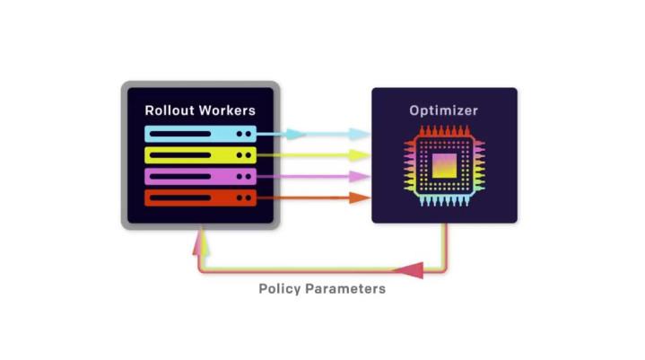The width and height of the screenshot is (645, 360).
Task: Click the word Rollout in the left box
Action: coord(170,111)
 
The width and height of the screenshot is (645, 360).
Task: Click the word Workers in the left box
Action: coord(226,111)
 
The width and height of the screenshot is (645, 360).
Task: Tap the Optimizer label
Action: coord(443,111)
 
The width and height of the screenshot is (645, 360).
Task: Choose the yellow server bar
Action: coord(200,154)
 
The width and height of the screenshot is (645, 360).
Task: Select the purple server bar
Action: coord(200,176)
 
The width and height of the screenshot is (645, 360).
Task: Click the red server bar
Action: coord(200,198)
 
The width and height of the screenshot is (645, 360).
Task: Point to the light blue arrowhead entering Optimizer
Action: coord(360,134)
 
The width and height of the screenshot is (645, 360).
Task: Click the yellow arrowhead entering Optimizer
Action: coord(360,154)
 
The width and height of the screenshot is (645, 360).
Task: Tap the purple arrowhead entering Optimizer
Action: coord(360,176)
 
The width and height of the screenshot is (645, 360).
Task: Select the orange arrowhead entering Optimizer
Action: coord(360,198)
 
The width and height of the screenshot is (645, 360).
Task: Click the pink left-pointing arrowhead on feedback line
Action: coord(409,269)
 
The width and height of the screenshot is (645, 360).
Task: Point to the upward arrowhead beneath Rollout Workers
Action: coord(203,239)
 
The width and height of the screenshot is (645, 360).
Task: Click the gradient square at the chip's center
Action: coord(444,167)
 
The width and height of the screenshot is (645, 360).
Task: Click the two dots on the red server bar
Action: coord(244,198)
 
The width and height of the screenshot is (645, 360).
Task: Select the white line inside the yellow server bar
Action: coord(185,154)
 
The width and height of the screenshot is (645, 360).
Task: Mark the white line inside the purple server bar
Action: coord(185,176)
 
